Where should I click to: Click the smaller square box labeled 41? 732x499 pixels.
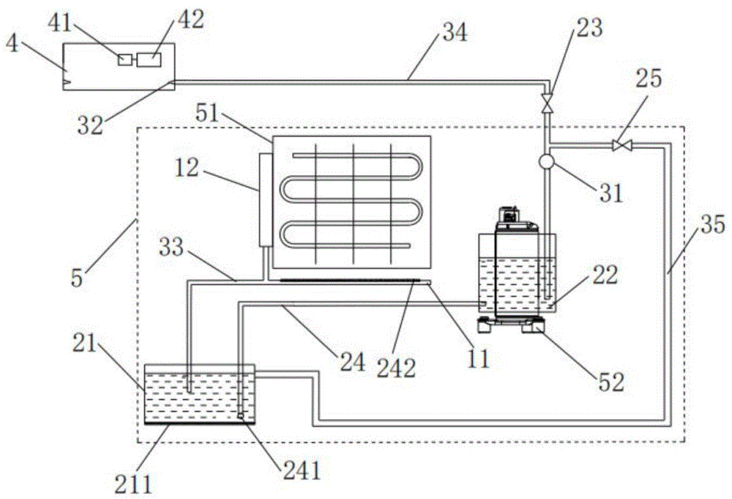(x=125, y=59)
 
